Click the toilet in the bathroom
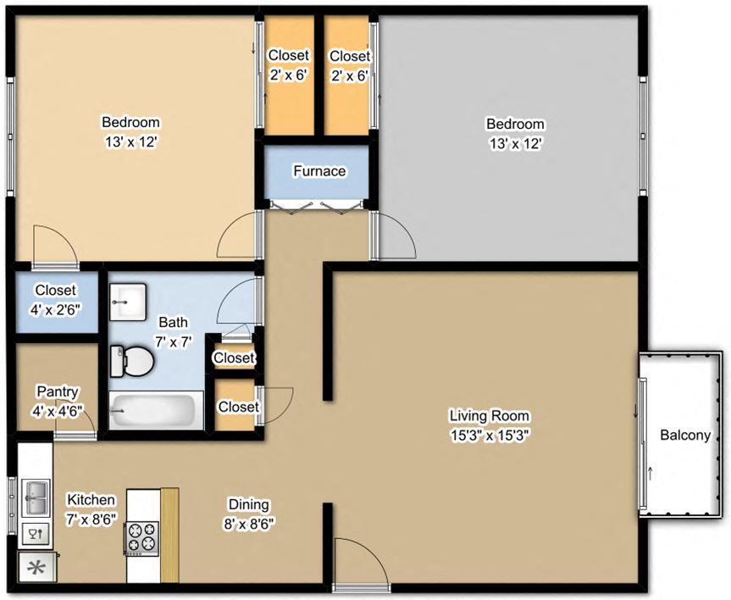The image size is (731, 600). click(x=131, y=362)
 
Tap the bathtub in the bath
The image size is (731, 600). click(x=156, y=411)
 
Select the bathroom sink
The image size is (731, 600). click(x=129, y=301)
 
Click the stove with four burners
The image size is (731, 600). click(x=141, y=536)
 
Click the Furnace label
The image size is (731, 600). click(x=319, y=171)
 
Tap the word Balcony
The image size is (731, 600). click(x=684, y=436)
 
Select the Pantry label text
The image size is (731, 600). click(x=58, y=392)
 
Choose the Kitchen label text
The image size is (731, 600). click(x=91, y=501)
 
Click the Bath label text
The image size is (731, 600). click(x=174, y=323)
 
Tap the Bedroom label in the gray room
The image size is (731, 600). click(x=514, y=125)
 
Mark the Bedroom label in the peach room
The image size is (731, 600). click(x=130, y=122)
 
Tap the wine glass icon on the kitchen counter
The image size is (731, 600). click(x=35, y=534)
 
